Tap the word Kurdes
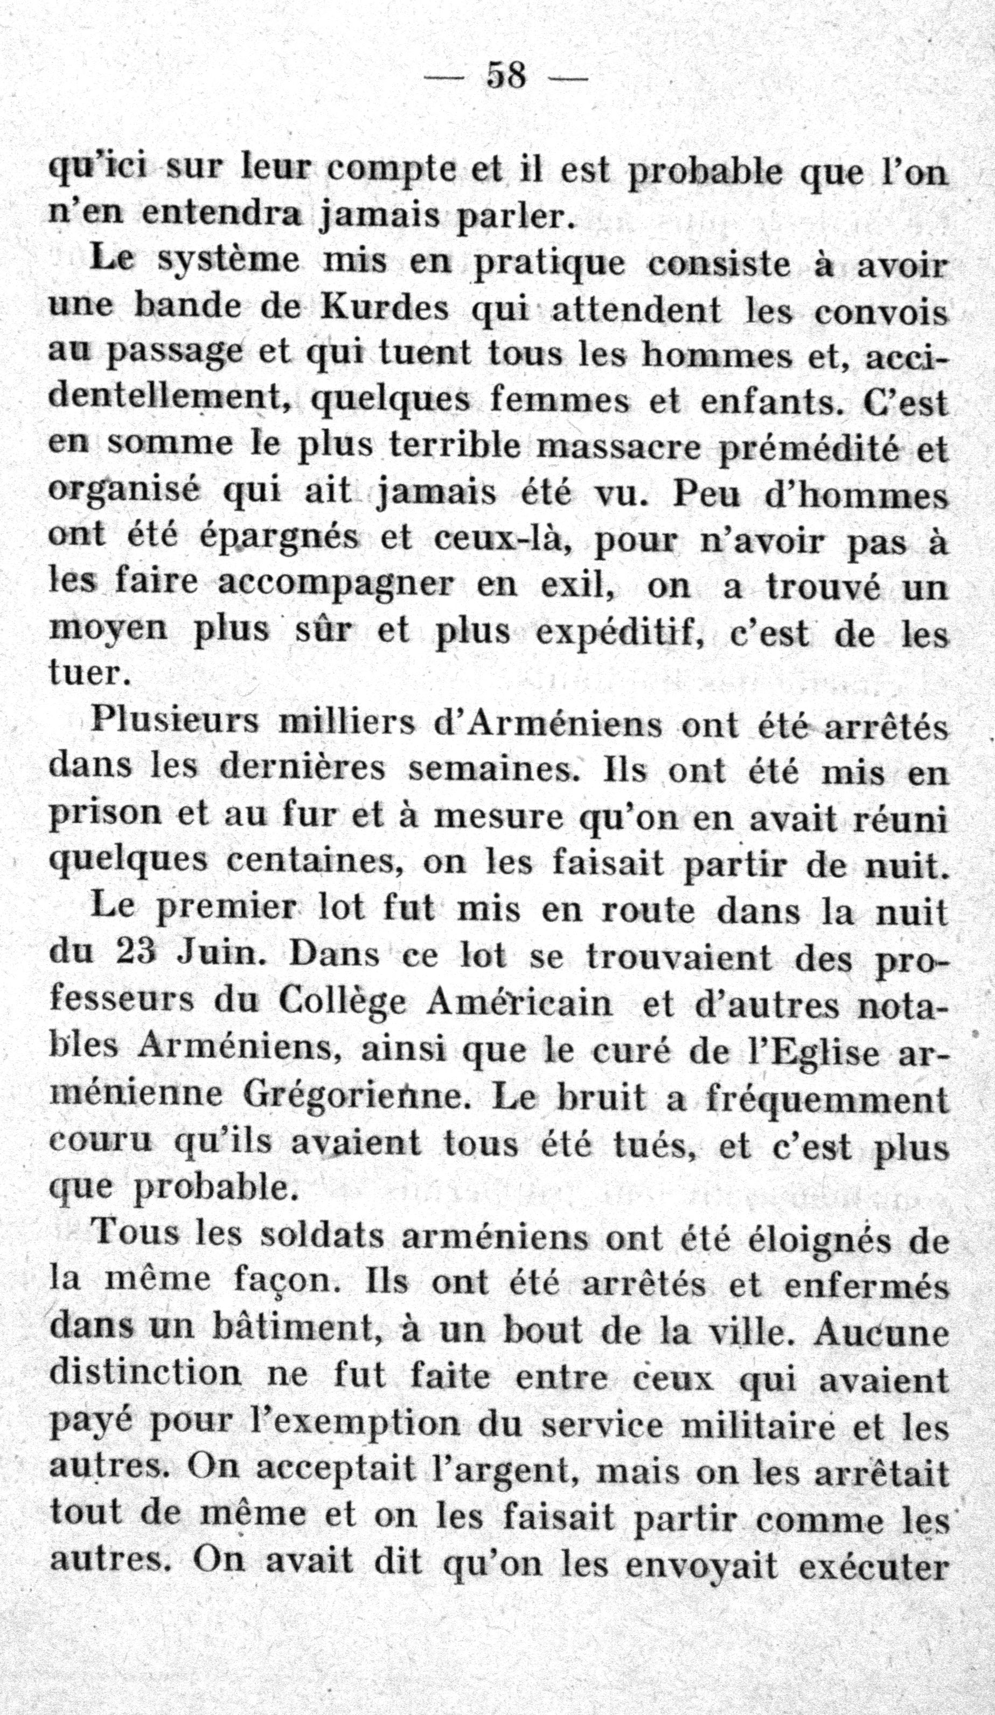tap(385, 308)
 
